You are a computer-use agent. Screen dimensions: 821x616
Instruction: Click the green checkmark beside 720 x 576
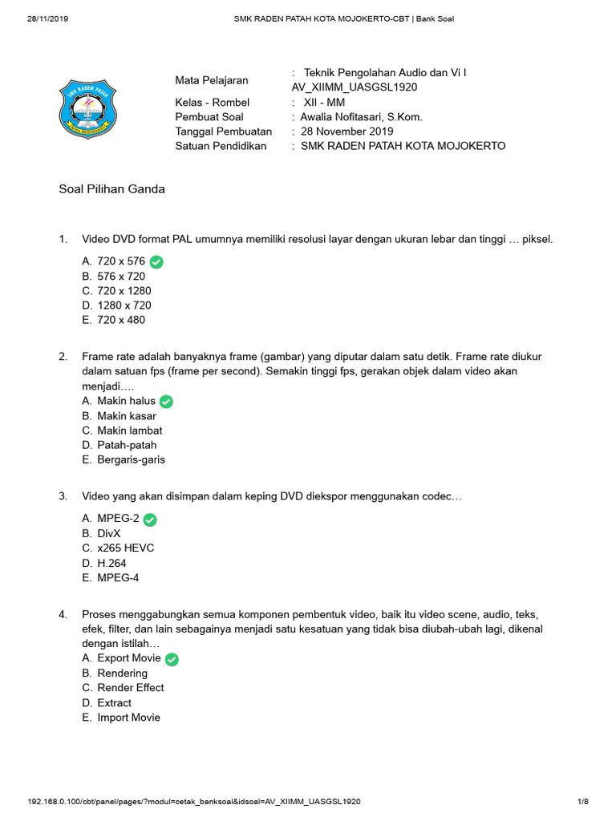click(156, 261)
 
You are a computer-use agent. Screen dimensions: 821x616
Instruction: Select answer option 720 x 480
click(121, 320)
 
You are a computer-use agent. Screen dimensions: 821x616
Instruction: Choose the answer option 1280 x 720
click(124, 305)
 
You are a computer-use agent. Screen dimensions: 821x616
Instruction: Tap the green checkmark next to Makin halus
click(167, 402)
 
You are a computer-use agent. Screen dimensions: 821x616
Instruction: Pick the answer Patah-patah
click(127, 445)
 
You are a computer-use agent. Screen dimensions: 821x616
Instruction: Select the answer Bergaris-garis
click(131, 459)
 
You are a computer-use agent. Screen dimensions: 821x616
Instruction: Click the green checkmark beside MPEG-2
click(150, 520)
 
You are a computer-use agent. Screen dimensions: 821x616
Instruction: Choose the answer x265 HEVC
click(125, 548)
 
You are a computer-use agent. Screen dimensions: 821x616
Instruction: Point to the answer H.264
click(111, 563)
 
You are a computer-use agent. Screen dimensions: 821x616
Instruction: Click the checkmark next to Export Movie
click(172, 659)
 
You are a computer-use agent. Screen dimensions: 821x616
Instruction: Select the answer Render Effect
click(130, 688)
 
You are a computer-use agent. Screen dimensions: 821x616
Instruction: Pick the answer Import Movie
click(128, 718)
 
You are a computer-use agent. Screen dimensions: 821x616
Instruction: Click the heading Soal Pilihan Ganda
click(112, 189)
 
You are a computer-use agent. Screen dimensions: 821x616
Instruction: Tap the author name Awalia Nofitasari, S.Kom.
click(361, 117)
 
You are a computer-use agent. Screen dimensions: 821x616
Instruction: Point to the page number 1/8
click(583, 801)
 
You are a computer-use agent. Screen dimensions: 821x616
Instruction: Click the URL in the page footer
click(193, 801)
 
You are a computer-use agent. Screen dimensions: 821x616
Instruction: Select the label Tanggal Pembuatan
click(223, 131)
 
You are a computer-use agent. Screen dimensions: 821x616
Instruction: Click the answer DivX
click(108, 533)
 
